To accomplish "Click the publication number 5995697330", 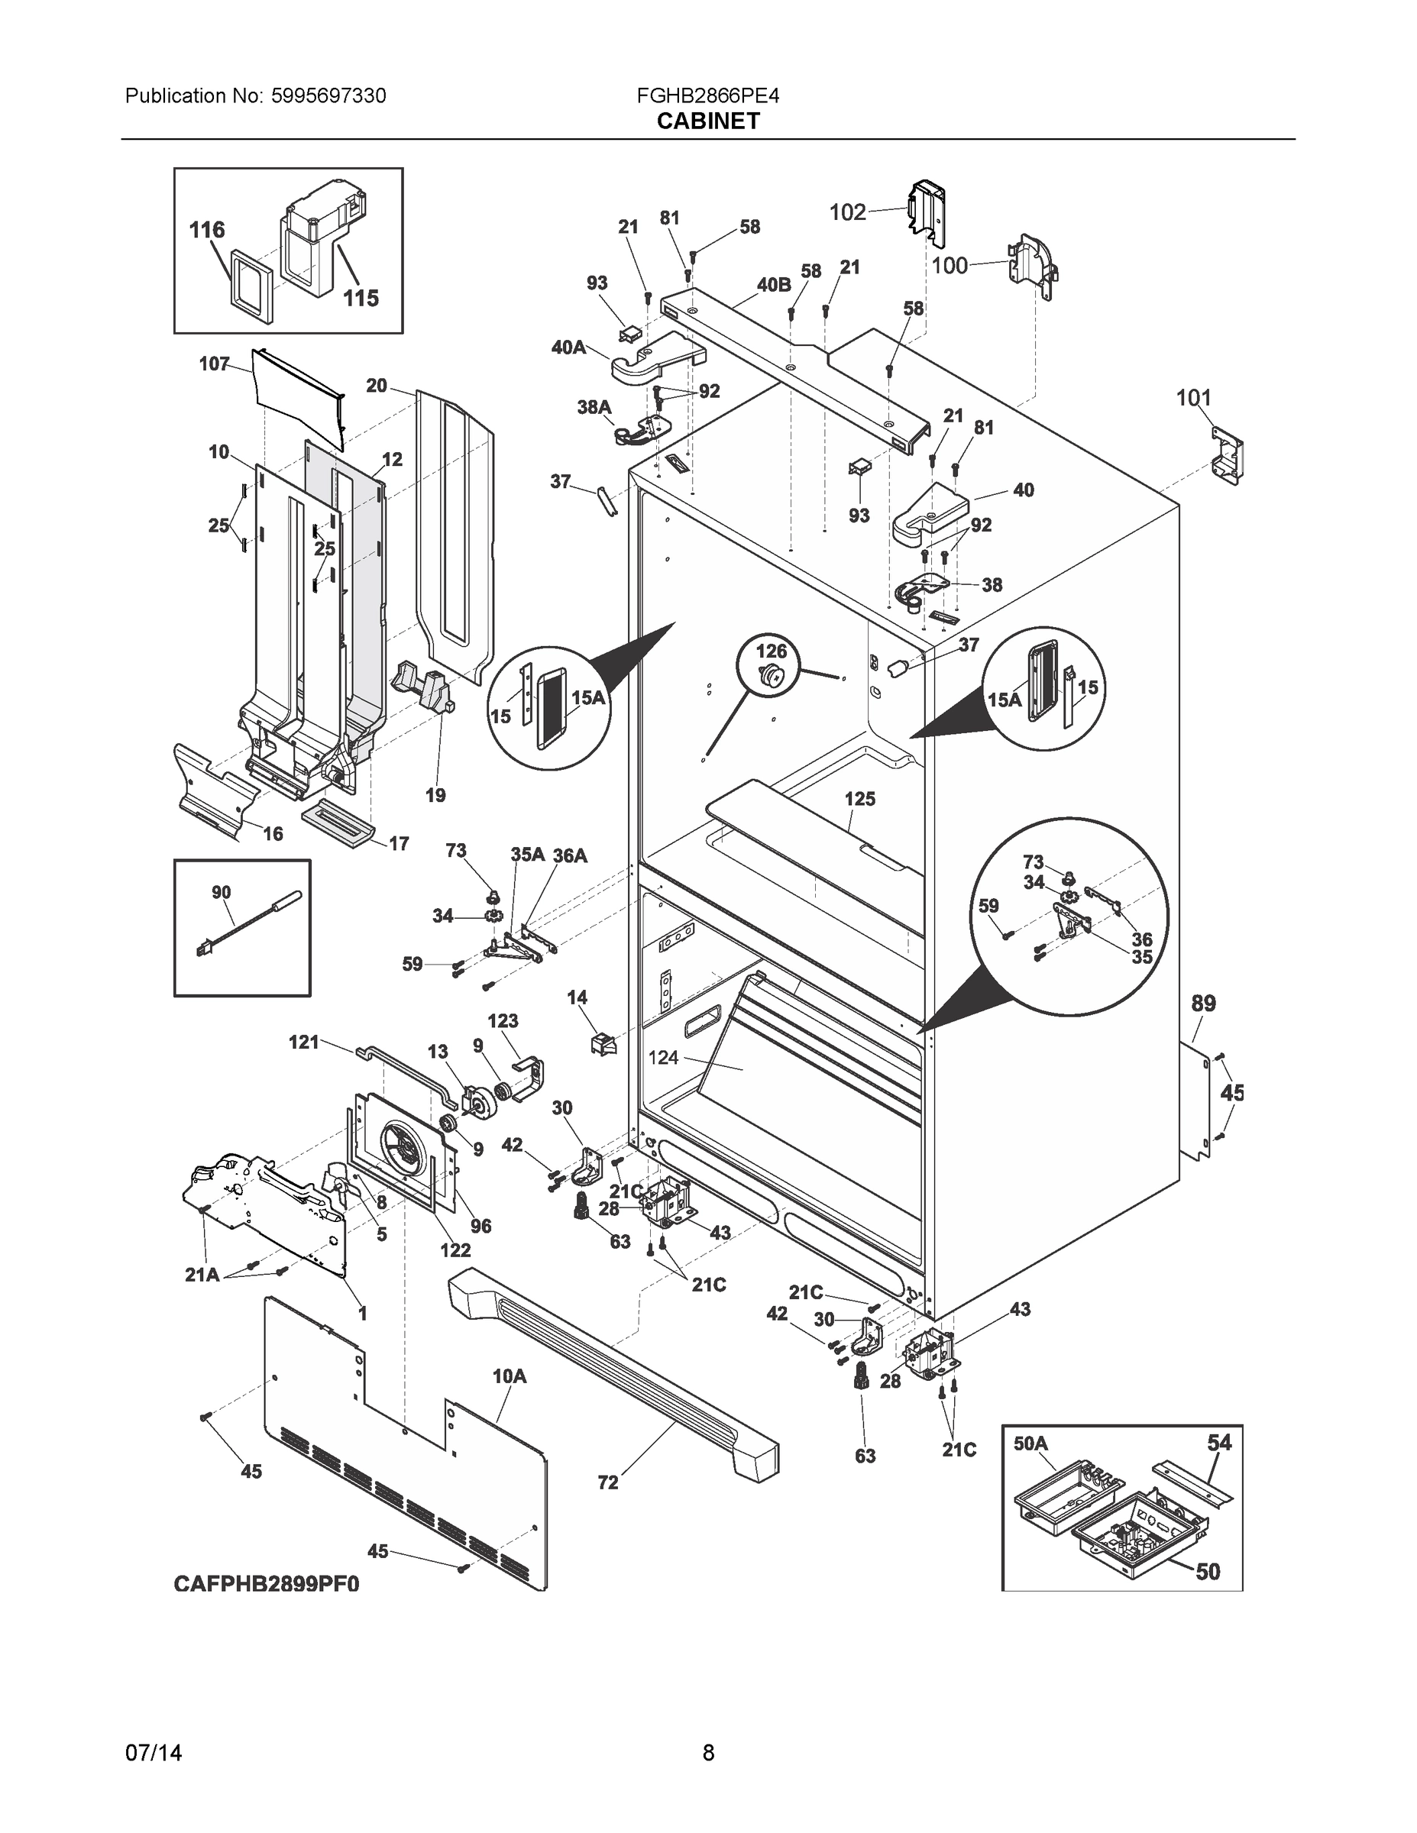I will (x=328, y=95).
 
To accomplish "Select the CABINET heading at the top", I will (x=707, y=121).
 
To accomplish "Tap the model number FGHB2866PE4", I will (x=707, y=95).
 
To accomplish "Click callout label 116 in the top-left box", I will (x=206, y=230).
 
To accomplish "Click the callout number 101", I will (x=1193, y=398).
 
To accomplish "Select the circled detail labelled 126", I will (x=771, y=664).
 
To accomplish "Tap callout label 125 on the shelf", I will (x=859, y=799).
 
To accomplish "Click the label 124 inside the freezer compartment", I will (x=663, y=1058).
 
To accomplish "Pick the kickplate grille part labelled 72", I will (x=613, y=1376).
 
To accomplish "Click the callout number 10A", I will (x=509, y=1376).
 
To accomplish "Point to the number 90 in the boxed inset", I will (x=221, y=892).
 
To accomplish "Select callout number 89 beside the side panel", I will (x=1203, y=1003).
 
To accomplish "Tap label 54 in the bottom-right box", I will (x=1219, y=1442).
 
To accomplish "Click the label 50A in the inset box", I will (x=1030, y=1443).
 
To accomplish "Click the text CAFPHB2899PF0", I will (x=266, y=1584).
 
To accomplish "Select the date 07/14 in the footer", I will (x=153, y=1753).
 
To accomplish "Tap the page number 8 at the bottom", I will (x=707, y=1753).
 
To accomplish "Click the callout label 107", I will (x=214, y=364).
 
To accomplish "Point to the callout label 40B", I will (x=773, y=285).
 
